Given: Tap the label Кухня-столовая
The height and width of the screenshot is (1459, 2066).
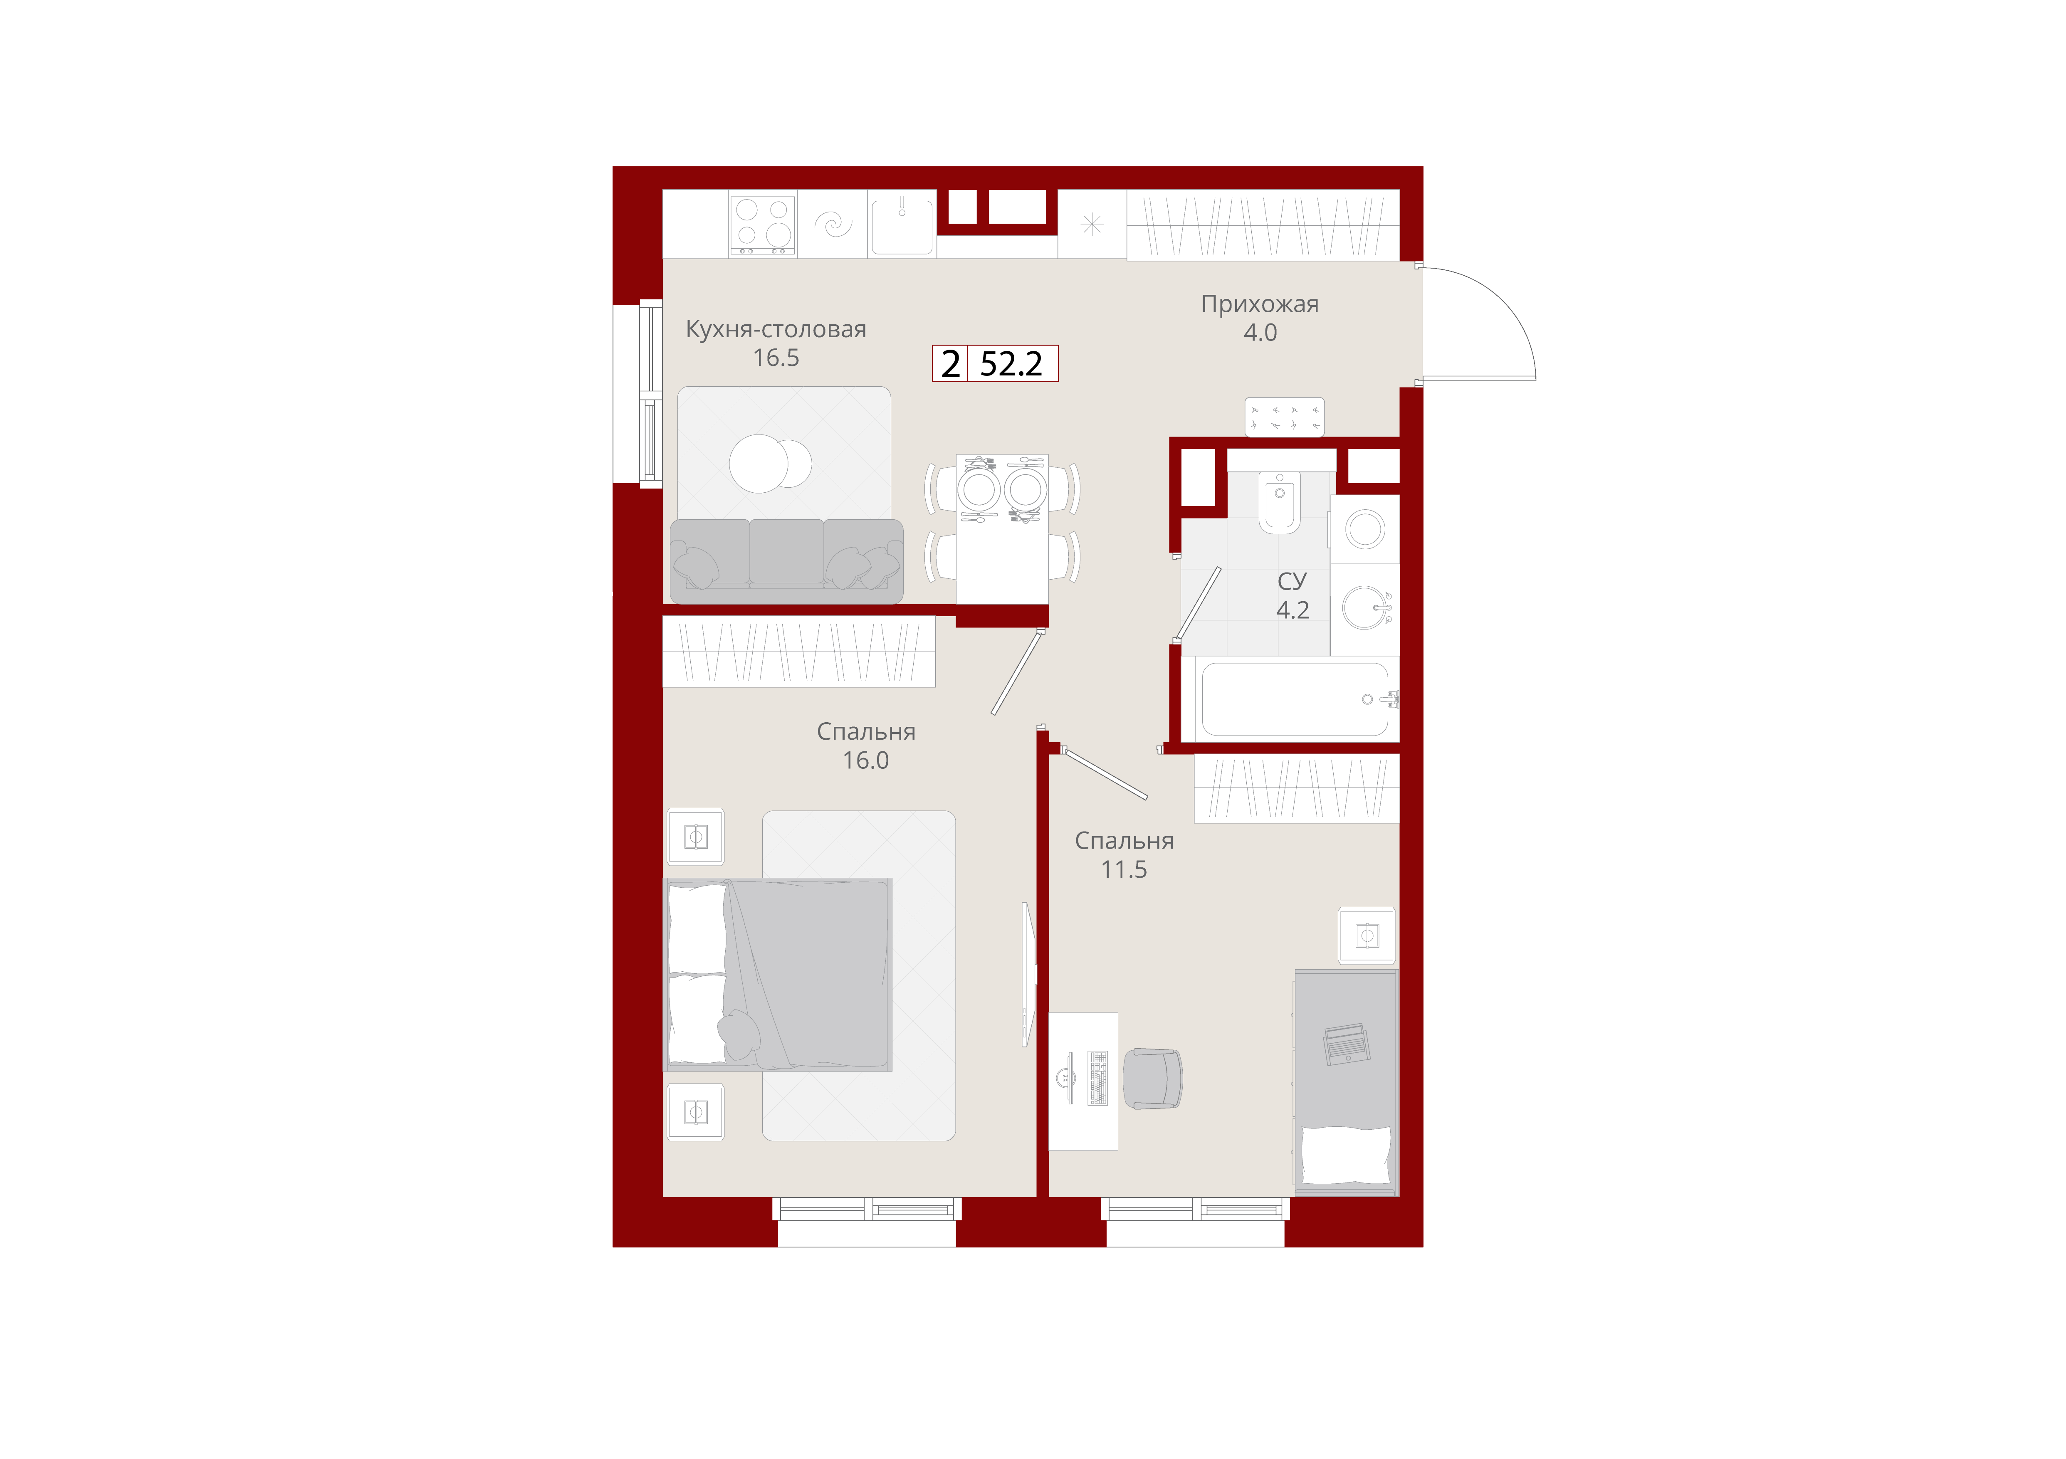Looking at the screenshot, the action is point(776,329).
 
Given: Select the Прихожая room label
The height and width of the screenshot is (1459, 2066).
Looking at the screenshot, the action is point(1260,304).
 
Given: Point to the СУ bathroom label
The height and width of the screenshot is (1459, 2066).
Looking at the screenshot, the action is point(1292,581).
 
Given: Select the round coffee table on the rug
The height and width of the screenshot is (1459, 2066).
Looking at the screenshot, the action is point(769,464).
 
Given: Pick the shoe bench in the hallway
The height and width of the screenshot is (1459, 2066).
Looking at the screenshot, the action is point(1284,417).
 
